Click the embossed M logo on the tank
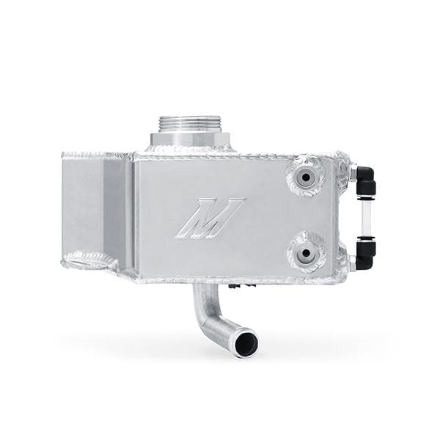[x=210, y=218]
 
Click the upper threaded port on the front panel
[x=305, y=175]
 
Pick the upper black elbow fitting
[x=364, y=177]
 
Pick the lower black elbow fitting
[x=364, y=253]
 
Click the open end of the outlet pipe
[x=246, y=342]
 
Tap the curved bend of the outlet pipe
[x=208, y=319]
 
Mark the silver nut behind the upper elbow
[x=352, y=173]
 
